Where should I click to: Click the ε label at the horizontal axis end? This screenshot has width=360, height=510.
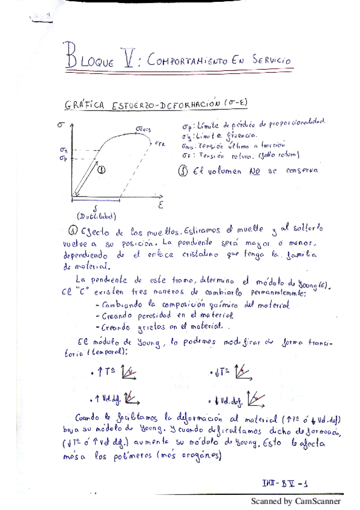160,205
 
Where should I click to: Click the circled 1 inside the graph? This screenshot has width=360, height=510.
100,170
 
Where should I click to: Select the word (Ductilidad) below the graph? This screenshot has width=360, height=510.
97,217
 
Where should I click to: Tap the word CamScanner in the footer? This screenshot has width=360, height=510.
318,501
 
